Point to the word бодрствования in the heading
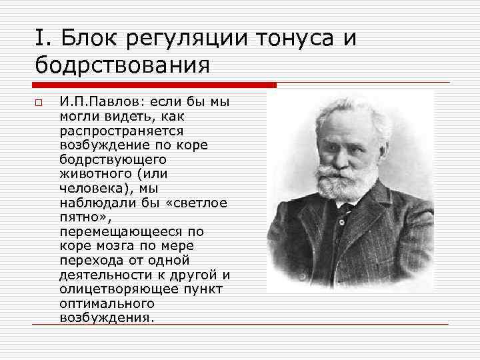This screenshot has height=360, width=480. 123,66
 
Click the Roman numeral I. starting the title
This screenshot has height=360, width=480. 41,39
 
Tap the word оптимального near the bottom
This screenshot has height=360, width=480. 101,303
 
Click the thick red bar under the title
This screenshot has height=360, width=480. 154,85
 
